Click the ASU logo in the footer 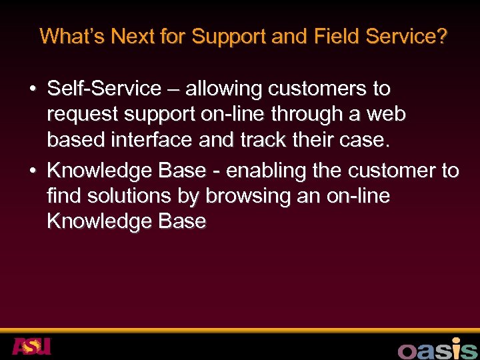31,347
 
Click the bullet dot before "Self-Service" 32,89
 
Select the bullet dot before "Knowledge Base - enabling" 32,171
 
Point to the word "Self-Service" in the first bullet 104,89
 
